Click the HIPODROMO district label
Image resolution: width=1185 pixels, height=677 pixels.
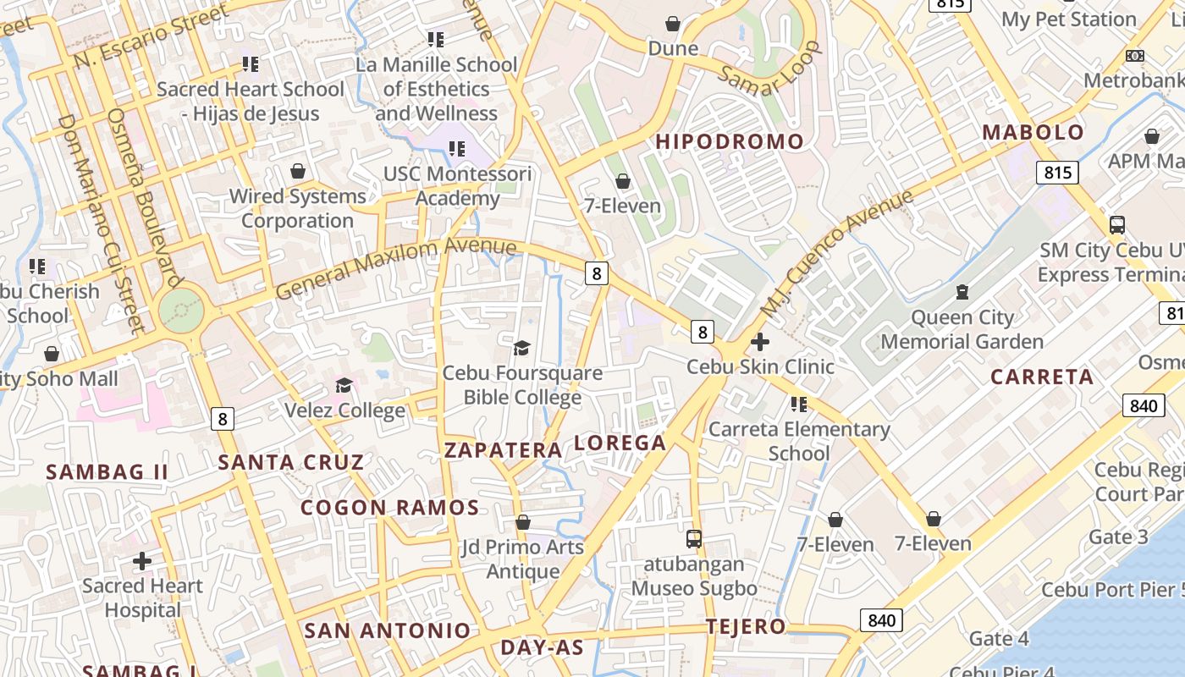730,141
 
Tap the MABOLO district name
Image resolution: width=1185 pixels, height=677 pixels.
1033,132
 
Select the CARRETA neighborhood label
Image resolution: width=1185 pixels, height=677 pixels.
1042,377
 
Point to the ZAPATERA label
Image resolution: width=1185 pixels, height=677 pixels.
504,449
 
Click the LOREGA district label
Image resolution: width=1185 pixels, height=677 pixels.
620,443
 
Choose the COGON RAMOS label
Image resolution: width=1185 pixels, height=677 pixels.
390,508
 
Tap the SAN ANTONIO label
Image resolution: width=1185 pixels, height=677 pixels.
387,630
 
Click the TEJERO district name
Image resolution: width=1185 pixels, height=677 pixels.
747,627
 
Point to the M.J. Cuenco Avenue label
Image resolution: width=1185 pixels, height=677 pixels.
837,253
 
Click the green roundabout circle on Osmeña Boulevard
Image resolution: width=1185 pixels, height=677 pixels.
181,311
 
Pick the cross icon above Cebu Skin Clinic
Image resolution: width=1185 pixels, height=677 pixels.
760,342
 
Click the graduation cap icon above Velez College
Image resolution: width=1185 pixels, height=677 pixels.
344,386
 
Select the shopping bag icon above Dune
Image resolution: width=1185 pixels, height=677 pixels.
673,24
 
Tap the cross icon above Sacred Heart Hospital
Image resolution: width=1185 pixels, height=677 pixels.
142,560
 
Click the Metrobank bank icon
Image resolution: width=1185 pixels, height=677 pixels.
1135,56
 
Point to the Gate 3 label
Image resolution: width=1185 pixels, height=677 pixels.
1118,537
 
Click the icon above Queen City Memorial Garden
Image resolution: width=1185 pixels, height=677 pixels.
962,293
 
